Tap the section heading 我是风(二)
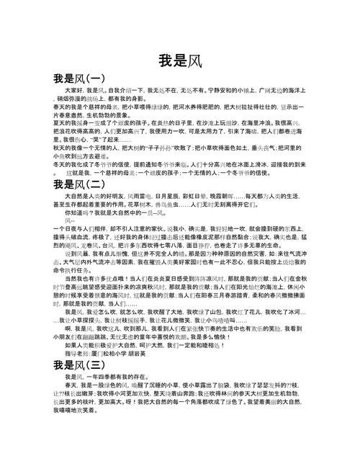click(x=79, y=184)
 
